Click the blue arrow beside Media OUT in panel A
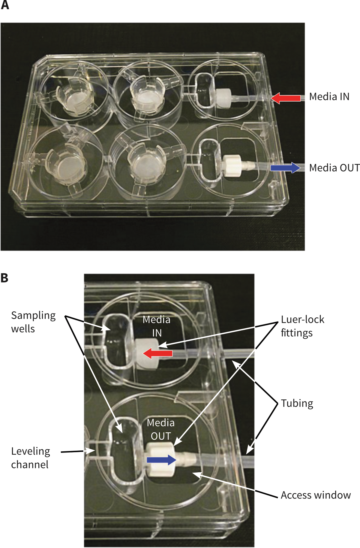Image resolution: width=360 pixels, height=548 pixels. [x=285, y=168]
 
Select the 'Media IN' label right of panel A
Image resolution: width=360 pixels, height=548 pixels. [x=329, y=97]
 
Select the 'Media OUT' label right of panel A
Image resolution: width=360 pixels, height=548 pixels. [x=334, y=168]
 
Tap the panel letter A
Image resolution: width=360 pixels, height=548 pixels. [x=5, y=5]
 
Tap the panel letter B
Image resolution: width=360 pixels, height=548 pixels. [x=4, y=278]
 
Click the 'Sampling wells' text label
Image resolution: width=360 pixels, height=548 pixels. [x=33, y=322]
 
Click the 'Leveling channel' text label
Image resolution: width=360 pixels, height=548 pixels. [x=30, y=458]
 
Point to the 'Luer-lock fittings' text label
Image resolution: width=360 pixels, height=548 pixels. [x=302, y=326]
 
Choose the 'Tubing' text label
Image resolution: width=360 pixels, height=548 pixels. [x=297, y=403]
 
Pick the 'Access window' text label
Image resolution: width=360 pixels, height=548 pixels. [x=316, y=495]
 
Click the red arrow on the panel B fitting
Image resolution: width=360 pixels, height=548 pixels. [x=158, y=353]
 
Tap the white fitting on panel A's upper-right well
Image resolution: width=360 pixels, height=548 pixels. [x=223, y=98]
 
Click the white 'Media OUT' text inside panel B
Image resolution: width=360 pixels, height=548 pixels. [x=160, y=429]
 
